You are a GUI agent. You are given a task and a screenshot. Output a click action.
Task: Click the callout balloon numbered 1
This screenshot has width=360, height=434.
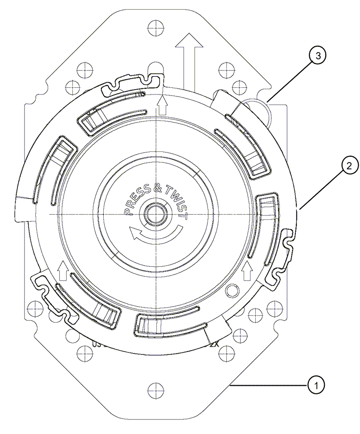coord(316,385)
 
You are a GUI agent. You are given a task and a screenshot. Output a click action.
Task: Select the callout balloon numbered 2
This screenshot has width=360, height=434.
coord(349,166)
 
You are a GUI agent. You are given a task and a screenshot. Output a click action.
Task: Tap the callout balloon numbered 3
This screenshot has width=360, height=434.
coord(317,56)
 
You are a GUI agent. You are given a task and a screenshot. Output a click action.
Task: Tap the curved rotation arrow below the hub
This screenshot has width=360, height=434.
coord(157,234)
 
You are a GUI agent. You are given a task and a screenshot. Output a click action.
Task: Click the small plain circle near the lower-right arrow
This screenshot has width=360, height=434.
coord(232,290)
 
